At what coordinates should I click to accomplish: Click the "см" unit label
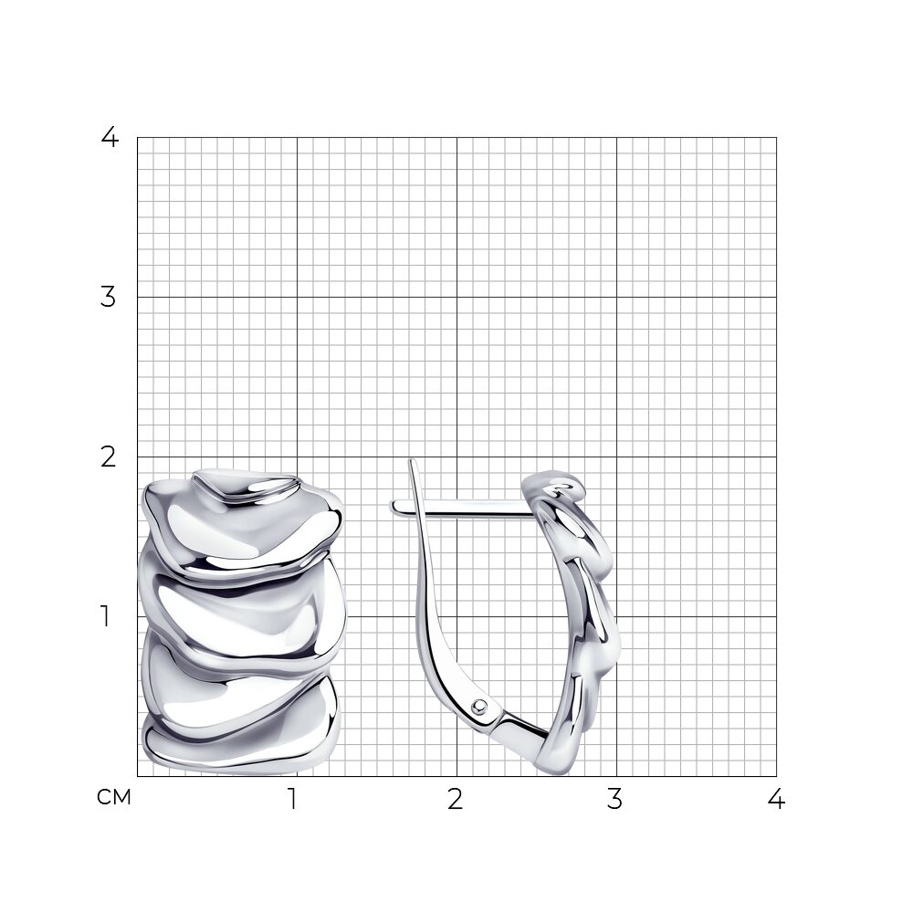(x=114, y=797)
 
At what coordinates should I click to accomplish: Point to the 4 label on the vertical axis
(x=110, y=137)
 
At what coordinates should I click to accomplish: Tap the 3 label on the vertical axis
(x=109, y=297)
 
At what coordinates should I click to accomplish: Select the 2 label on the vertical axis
(x=109, y=457)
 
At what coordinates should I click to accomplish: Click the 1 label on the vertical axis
(x=105, y=616)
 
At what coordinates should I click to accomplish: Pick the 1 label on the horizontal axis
(x=293, y=800)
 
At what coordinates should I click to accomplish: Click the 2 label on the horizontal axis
(x=456, y=800)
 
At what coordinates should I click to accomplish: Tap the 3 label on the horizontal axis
(x=614, y=800)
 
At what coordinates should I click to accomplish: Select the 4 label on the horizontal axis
(x=776, y=800)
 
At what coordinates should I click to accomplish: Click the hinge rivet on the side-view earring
(x=480, y=707)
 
